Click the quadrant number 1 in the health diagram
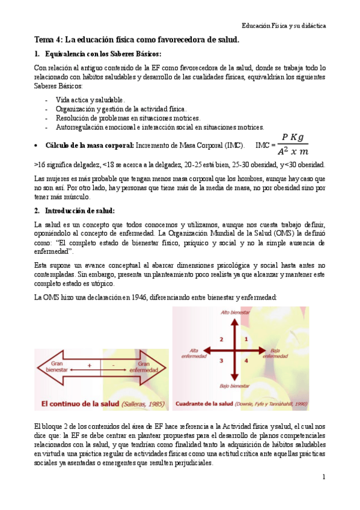point(246,340)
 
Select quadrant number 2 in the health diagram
point(222,340)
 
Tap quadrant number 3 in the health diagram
point(222,360)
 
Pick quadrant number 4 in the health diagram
point(246,360)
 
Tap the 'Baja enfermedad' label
point(276,352)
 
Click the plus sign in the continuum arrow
point(89,365)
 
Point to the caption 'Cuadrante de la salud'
point(202,404)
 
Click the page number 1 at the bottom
point(323,477)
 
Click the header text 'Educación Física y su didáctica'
point(284,26)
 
